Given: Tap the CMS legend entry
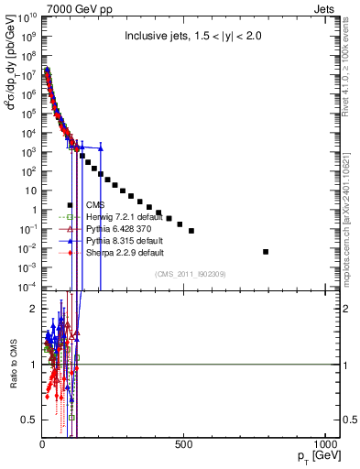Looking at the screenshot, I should [x=95, y=204].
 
